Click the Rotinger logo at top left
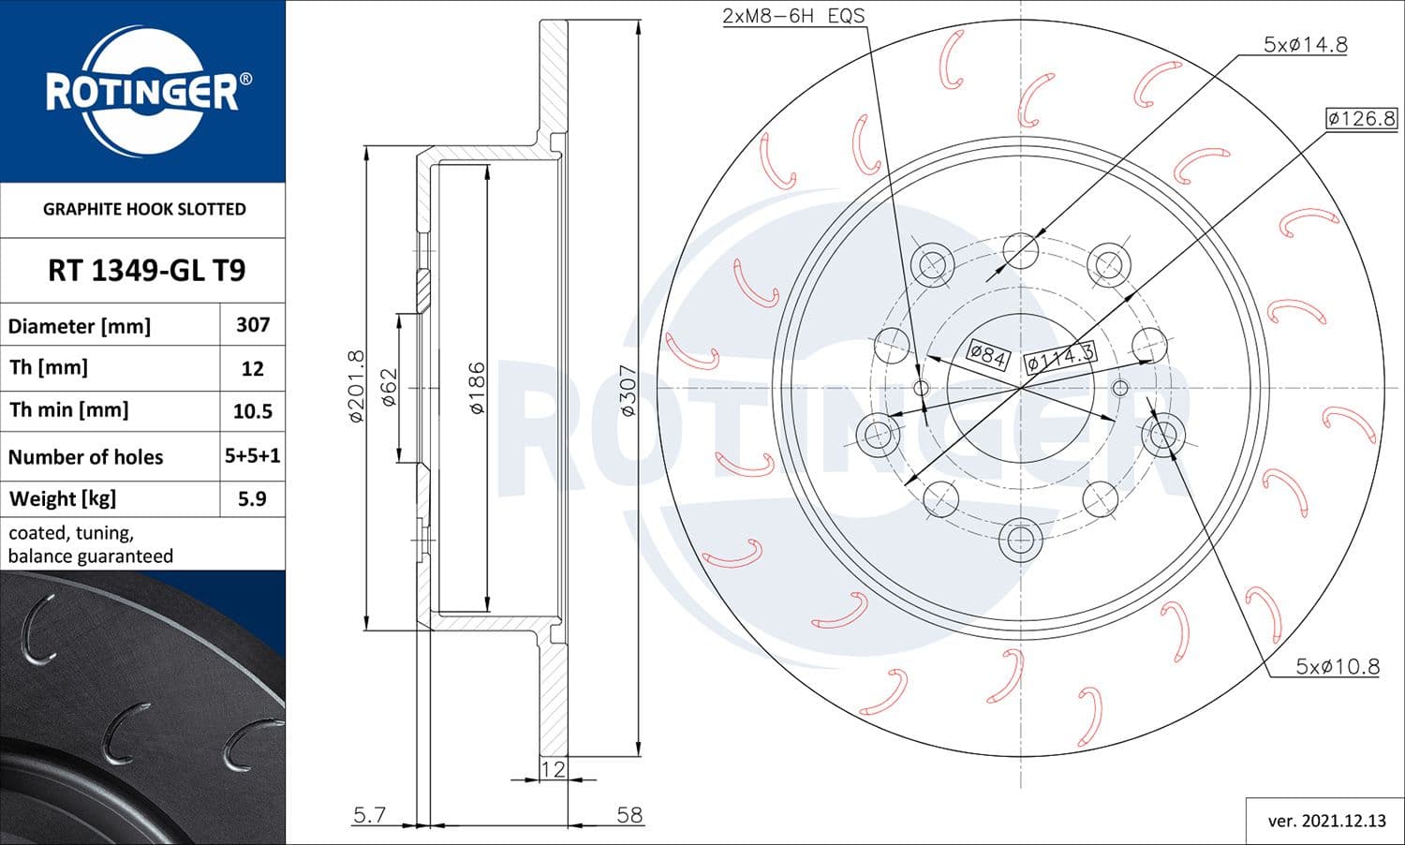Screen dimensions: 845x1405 (142, 92)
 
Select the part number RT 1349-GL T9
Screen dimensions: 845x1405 (146, 271)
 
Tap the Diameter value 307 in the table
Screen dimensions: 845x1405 (253, 325)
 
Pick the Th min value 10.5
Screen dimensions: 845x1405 (253, 411)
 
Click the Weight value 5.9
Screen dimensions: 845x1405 (252, 498)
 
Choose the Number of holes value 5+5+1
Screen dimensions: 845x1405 (253, 456)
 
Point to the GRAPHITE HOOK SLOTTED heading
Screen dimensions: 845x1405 (144, 209)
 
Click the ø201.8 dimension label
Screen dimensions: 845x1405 (355, 386)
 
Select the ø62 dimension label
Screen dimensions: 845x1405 (389, 386)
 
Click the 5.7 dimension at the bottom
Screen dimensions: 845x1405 (369, 814)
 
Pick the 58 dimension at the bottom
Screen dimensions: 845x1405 (629, 814)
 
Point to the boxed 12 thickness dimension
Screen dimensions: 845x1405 (554, 769)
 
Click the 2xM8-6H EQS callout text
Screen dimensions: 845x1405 (793, 16)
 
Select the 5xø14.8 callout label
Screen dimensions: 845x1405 (1305, 44)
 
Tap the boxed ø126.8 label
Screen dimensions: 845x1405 (1361, 118)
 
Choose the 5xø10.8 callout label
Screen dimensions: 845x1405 (1337, 666)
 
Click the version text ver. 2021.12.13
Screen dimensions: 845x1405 (1326, 821)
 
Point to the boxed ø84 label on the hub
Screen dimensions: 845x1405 (987, 355)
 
